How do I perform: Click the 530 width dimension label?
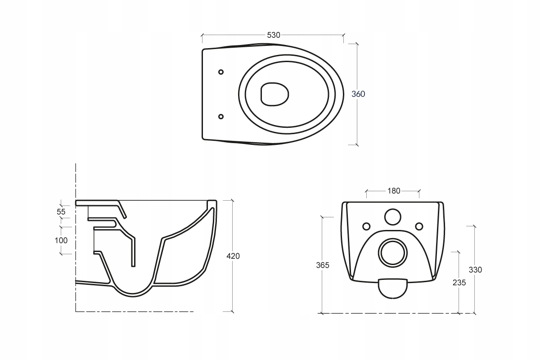click(x=274, y=35)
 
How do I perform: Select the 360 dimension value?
click(x=358, y=94)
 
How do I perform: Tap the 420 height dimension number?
click(x=233, y=256)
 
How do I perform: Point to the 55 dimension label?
click(x=61, y=211)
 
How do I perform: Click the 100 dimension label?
click(x=61, y=240)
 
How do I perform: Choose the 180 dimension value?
click(x=394, y=191)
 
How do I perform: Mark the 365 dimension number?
click(x=323, y=265)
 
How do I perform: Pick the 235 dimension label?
click(x=459, y=283)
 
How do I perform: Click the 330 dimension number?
click(x=475, y=270)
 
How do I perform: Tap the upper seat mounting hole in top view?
click(x=221, y=72)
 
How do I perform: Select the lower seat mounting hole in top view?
click(x=221, y=117)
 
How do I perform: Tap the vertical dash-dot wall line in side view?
click(x=76, y=238)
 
